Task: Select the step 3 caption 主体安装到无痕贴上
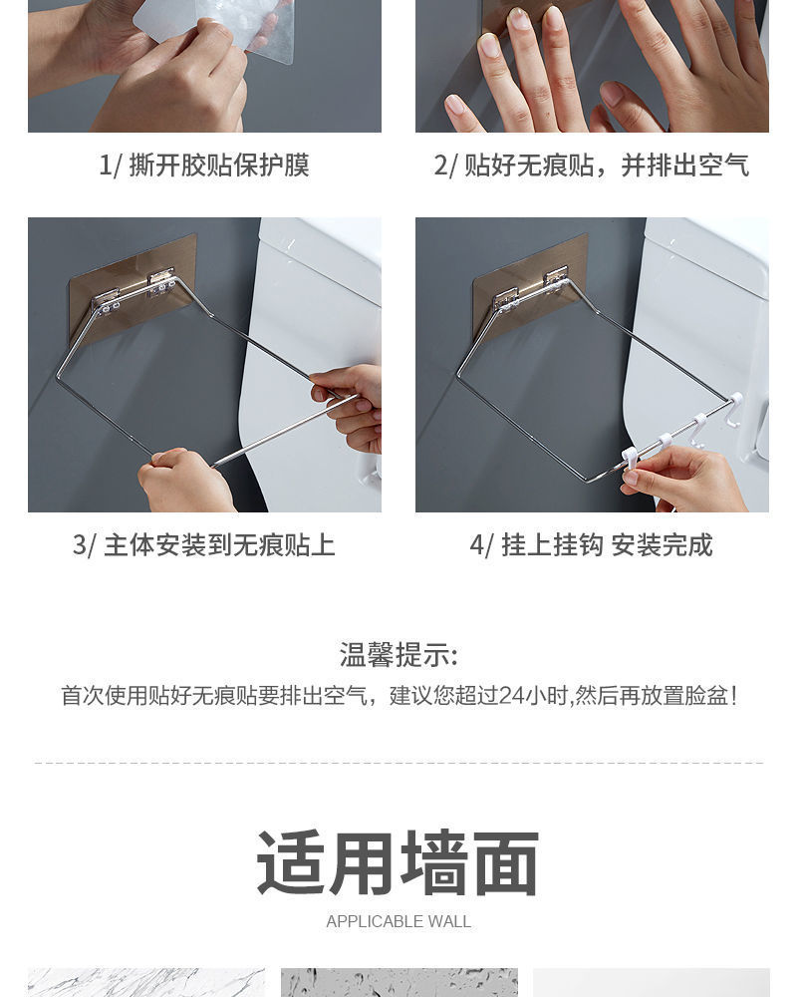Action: click(218, 545)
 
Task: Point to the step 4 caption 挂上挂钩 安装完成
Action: click(606, 545)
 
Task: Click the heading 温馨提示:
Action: click(399, 655)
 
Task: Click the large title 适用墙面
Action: click(399, 863)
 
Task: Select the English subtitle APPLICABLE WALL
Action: click(399, 922)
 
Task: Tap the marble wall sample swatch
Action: click(146, 982)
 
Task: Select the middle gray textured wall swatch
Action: click(399, 982)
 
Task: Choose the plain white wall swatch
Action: click(651, 982)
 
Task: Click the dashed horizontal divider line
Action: click(399, 763)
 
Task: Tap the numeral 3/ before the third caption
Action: click(84, 545)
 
